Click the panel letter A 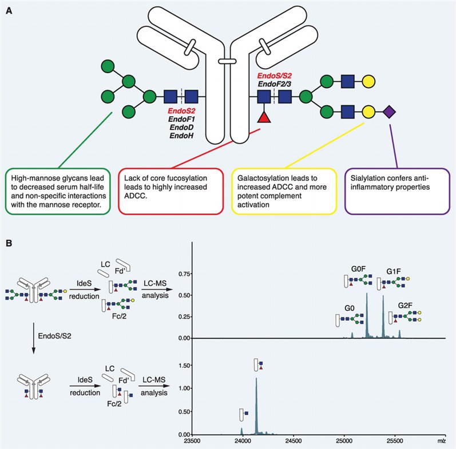coord(9,10)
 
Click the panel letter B coord(9,244)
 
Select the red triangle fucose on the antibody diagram coord(264,117)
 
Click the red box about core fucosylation coord(169,189)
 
